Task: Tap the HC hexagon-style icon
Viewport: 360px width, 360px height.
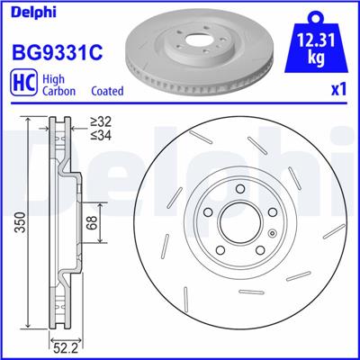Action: click(22, 84)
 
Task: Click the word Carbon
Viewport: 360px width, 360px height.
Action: click(56, 91)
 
